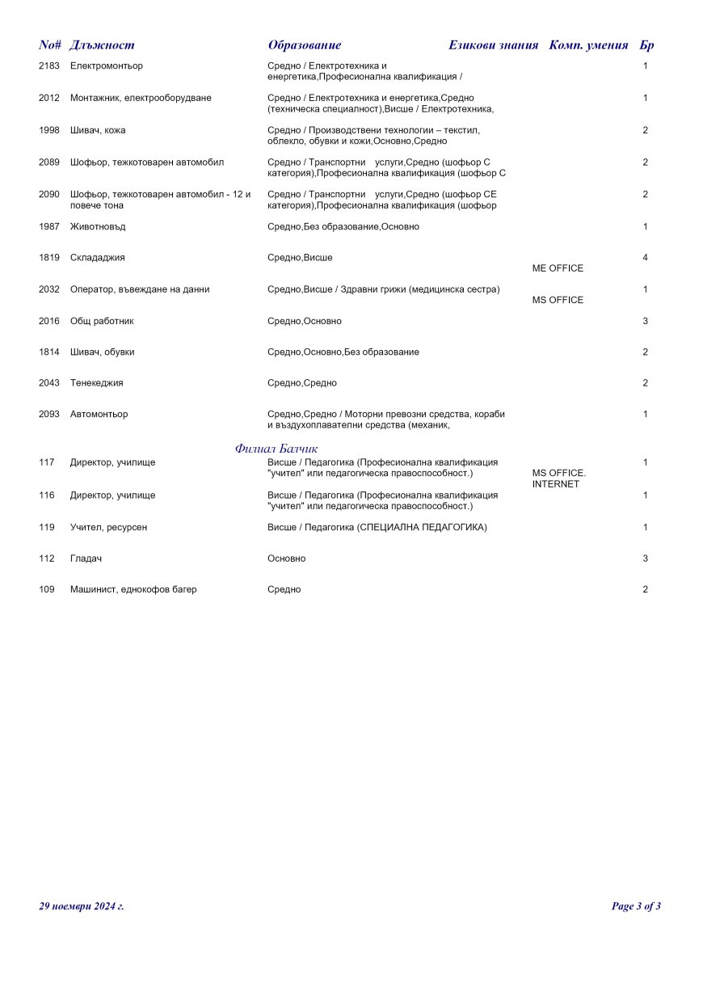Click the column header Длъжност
102,45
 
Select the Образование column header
305,45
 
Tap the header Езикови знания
493,45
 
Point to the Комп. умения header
588,45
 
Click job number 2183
49,66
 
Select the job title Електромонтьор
107,66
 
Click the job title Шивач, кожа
98,130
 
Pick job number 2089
49,162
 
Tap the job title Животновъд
98,227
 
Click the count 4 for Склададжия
645,258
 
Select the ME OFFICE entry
558,268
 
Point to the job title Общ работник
102,322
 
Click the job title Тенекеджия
97,383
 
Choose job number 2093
49,415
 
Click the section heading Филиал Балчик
276,449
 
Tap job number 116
46,495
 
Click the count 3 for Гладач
645,559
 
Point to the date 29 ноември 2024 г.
82,906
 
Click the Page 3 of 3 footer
636,906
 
